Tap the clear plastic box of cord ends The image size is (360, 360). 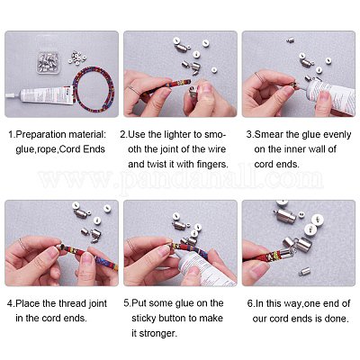coord(48,62)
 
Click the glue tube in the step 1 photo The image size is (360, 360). coord(40,95)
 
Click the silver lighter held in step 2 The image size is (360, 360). coord(194,94)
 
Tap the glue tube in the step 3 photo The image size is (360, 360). coord(330,95)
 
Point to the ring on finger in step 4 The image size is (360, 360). coord(24,245)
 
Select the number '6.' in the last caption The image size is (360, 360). coord(251,303)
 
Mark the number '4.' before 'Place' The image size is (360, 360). coord(11,303)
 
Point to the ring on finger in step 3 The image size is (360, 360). coord(258,77)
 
